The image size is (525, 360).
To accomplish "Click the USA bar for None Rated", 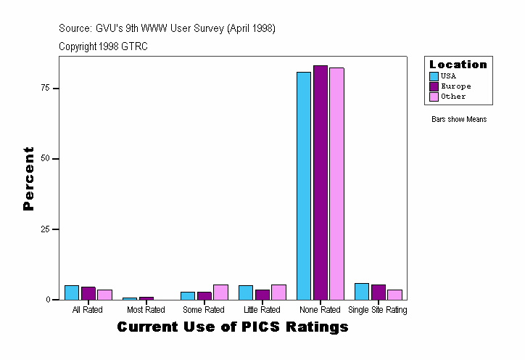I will [x=304, y=186].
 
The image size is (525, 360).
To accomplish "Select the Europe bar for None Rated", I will [x=321, y=182].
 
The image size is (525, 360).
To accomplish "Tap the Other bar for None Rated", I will [x=336, y=184].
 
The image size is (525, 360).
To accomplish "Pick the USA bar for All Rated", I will [x=72, y=292].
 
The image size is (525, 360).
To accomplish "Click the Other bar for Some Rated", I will [x=220, y=292].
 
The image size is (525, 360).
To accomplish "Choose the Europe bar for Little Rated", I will [x=262, y=295].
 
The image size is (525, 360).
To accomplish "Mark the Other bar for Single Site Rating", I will [x=394, y=295].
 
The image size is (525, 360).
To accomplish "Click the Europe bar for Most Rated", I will [x=146, y=298].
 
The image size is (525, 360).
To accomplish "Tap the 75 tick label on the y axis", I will [x=45, y=88].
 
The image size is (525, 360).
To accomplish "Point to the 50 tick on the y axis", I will [x=45, y=158].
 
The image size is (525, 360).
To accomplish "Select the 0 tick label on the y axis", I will [x=47, y=300].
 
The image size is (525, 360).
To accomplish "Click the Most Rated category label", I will [x=146, y=311].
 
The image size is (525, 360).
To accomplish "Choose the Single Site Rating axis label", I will [x=378, y=311].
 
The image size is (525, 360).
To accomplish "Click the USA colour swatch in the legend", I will [x=434, y=76].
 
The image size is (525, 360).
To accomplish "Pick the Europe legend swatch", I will [x=434, y=86].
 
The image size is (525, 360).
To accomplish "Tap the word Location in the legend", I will [x=458, y=65].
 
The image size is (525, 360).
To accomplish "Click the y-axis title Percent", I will [x=29, y=179].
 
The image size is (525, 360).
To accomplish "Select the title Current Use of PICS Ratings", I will [x=233, y=327].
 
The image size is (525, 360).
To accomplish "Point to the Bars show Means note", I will [x=459, y=119].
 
